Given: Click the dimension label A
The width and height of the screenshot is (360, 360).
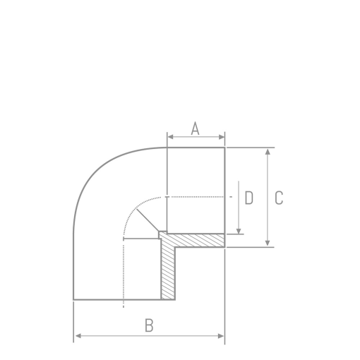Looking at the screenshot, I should pos(196,128).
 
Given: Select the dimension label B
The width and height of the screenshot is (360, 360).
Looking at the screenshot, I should pos(149,325).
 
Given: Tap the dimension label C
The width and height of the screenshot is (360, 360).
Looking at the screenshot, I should pos(279,198).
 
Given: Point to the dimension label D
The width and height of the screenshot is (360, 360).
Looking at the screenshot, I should pos(248,198).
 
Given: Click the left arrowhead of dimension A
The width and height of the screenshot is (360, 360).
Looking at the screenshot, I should pos(169,137).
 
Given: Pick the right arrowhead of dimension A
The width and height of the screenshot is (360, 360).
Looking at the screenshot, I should pos(222,137).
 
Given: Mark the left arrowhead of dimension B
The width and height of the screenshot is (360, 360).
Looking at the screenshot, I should pos(76,335).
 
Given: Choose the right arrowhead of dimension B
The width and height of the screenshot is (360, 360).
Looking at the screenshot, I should pos(222,335).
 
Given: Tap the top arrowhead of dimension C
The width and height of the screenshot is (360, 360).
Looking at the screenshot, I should pos(268,151).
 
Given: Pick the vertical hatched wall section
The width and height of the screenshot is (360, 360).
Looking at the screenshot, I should pos(168,272).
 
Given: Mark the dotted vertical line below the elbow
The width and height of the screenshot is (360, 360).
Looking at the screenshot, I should pos(124,282).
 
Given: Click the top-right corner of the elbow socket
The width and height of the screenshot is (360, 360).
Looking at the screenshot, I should pos(224,148).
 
